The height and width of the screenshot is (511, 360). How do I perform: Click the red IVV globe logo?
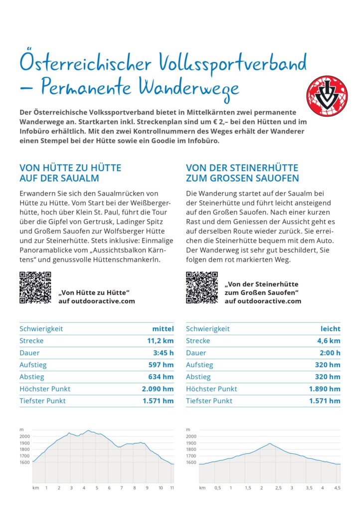327,93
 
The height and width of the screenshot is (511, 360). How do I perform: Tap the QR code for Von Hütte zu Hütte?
35,287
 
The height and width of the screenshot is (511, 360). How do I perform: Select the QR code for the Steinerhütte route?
201,287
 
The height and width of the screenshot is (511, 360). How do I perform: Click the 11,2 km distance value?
160,341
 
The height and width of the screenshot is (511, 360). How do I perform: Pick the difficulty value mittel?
163,329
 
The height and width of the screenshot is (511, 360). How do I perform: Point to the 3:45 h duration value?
163,353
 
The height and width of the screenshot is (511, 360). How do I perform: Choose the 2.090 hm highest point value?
158,389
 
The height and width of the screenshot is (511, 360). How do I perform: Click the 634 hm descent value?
161,377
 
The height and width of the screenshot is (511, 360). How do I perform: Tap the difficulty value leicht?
331,329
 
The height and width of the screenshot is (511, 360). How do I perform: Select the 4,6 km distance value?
329,341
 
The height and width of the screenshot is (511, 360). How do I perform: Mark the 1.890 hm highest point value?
325,389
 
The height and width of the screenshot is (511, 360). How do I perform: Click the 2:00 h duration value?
330,353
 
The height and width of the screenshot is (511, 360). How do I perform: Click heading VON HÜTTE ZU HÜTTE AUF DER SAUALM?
70,173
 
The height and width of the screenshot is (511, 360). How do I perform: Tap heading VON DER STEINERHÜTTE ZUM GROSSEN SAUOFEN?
242,173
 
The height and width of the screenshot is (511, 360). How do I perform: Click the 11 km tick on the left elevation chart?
172,487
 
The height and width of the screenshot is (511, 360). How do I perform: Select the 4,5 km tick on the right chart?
337,487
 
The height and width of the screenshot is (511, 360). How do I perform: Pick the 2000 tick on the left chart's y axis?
24,436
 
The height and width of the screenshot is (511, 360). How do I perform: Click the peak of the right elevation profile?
269,443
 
